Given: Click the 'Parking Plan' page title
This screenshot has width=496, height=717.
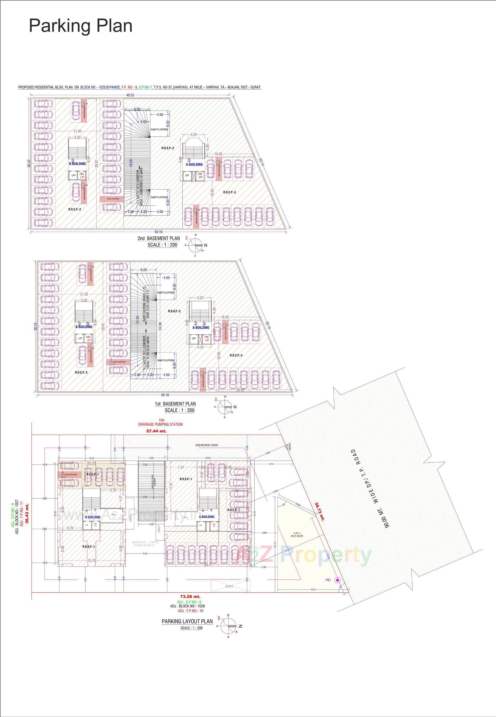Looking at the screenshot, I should pos(80,25).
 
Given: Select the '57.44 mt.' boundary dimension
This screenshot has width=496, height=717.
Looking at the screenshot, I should pos(156,431).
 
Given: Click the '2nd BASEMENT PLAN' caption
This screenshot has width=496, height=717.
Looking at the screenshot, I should pos(158,238).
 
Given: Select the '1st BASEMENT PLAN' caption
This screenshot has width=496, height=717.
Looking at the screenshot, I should pos(175,404).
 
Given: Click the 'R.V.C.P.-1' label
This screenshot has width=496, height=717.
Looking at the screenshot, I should pos(93,474).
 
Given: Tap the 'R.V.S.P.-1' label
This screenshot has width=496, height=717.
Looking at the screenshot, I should pos(185,479).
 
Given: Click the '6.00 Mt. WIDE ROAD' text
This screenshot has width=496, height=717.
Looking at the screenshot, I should pos(207,445).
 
